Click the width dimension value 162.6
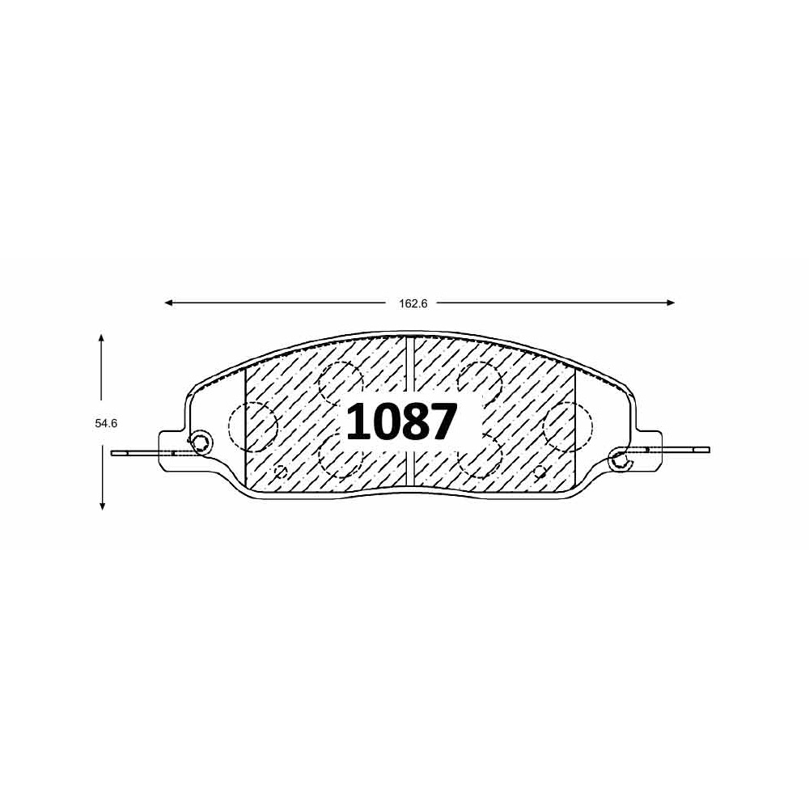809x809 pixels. (x=413, y=304)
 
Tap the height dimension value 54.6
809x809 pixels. (x=106, y=424)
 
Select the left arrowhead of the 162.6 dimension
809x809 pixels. (x=168, y=303)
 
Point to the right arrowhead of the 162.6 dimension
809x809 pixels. (x=671, y=303)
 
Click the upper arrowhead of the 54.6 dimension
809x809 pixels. (x=102, y=338)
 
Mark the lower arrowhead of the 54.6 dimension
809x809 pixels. (x=103, y=506)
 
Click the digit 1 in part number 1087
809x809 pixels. (x=359, y=422)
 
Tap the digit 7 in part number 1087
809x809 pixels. (x=443, y=422)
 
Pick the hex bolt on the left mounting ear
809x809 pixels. (x=200, y=443)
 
